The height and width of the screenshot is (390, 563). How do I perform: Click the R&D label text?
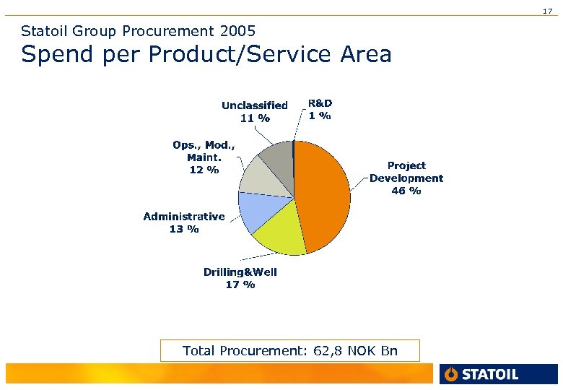(x=320, y=103)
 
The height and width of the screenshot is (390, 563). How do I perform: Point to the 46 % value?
(x=406, y=191)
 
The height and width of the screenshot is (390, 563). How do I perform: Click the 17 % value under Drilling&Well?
(x=240, y=285)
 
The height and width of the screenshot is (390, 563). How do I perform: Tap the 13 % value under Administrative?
(x=184, y=229)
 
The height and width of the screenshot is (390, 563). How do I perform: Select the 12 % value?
(x=204, y=170)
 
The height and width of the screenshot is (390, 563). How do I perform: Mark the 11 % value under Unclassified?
(x=254, y=118)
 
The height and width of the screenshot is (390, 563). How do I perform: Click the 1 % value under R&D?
(x=320, y=116)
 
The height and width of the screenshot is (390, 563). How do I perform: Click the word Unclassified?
(x=254, y=105)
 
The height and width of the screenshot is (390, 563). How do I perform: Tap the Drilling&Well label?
(x=240, y=272)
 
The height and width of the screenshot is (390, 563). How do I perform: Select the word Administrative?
(x=184, y=216)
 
